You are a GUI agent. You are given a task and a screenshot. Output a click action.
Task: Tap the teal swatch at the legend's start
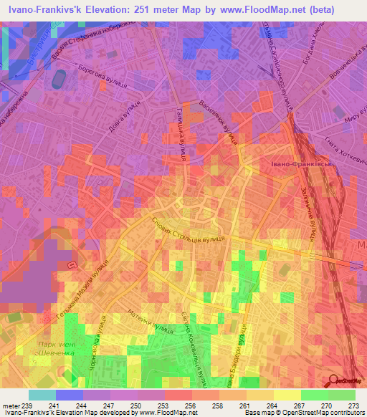click(42, 395)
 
